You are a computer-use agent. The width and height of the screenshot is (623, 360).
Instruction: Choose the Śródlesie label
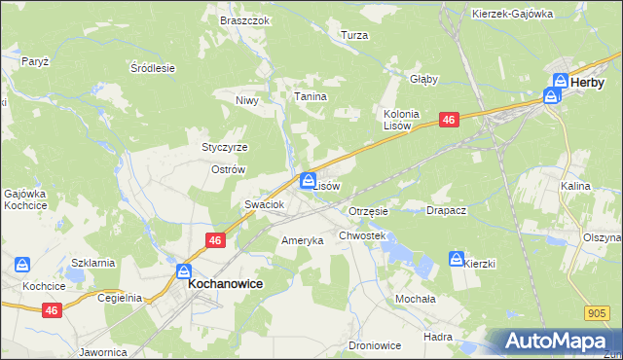152,68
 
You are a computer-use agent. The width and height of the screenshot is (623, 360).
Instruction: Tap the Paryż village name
35,60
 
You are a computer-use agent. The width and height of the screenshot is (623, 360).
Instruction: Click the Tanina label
311,97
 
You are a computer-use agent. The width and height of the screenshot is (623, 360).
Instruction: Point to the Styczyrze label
225,148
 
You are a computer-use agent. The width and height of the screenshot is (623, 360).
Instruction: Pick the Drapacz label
447,210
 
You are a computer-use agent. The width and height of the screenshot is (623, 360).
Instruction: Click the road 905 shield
598,312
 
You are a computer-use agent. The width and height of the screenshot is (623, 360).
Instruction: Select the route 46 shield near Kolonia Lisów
448,119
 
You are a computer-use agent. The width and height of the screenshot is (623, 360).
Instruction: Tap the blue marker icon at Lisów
309,179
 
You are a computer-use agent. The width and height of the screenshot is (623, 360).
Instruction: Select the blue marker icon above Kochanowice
184,271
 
